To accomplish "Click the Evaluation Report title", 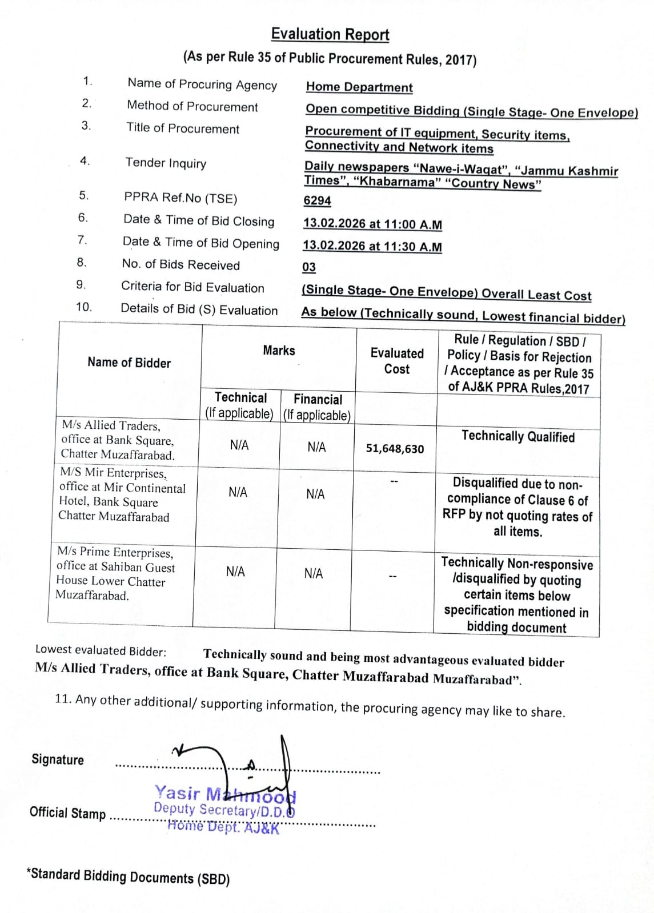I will pos(330,35).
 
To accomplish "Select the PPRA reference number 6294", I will pos(317,200).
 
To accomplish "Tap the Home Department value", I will pos(359,87).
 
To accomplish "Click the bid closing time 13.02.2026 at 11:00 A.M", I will pos(372,224).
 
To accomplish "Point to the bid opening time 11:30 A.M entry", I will pos(372,246).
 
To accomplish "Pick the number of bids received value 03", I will pos(309,267).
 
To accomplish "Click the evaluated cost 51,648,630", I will pos(395,449).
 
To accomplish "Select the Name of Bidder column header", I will pos(129,363).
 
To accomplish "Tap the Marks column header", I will pos(279,351).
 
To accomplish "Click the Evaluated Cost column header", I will pos(397,361).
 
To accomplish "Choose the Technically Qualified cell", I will pos(518,437).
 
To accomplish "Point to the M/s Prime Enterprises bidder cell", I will pos(114,574).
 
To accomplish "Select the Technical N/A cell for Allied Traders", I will pos(239,445).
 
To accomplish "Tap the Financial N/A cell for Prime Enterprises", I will pos(313,573).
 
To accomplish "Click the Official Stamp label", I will pos(67,813).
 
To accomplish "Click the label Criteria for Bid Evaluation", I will pos(192,287).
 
